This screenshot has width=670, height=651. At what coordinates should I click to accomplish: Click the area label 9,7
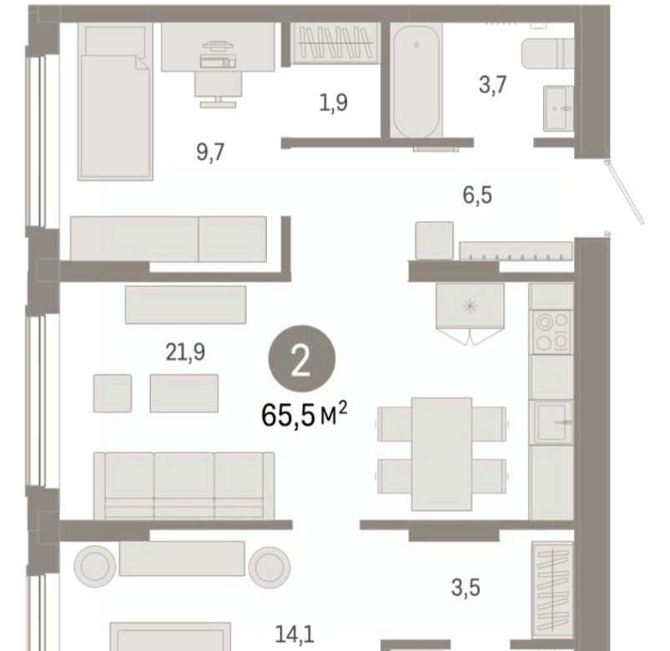(x=210, y=152)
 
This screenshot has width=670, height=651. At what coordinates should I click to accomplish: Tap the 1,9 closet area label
(x=333, y=103)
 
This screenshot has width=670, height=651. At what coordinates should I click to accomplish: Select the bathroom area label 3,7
(x=492, y=84)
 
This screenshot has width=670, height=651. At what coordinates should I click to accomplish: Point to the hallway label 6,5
(x=477, y=195)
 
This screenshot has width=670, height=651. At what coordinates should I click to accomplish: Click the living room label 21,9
(x=185, y=352)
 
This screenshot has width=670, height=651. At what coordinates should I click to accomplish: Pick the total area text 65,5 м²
(x=304, y=415)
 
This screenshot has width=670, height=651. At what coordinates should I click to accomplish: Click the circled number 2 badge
(x=302, y=359)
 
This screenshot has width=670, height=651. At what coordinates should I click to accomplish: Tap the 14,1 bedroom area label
(x=295, y=634)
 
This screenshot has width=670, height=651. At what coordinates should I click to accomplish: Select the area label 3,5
(x=466, y=588)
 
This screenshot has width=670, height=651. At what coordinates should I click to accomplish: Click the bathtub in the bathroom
(x=416, y=81)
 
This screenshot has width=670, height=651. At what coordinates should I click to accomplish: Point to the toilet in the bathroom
(x=547, y=53)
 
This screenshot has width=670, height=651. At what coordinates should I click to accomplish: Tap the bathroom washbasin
(x=558, y=108)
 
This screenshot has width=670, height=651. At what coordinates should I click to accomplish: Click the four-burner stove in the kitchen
(x=552, y=331)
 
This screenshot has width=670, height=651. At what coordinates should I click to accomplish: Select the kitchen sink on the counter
(x=552, y=422)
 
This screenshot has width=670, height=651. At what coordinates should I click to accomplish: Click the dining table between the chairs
(x=442, y=454)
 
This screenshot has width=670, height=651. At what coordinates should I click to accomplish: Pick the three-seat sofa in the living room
(x=184, y=486)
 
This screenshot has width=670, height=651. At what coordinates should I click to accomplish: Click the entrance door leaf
(x=624, y=192)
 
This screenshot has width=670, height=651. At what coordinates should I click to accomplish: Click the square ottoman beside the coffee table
(x=113, y=393)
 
